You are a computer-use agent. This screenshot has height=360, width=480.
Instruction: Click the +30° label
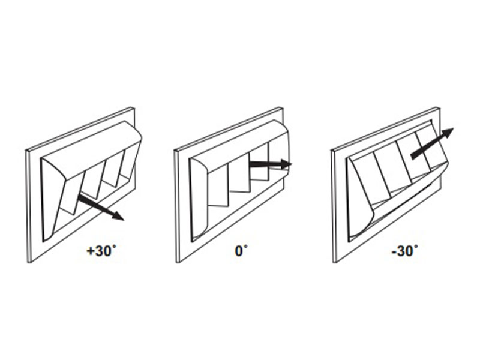coord(101,251)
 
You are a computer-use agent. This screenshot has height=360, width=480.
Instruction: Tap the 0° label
coord(241,251)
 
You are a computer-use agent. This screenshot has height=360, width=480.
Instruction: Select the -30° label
coord(404,251)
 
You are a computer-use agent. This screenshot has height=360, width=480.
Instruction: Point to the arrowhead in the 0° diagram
coord(286,164)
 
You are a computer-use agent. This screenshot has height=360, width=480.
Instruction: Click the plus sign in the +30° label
coord(91,251)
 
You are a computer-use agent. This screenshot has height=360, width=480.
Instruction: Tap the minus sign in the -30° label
coord(394,252)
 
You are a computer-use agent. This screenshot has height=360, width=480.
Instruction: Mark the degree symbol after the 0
coord(245,247)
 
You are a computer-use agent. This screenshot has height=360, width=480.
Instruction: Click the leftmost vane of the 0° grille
coord(218,189)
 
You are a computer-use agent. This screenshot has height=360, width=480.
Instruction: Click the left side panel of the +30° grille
coord(53,199)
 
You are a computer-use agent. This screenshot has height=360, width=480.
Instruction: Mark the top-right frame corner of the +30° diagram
coord(134,107)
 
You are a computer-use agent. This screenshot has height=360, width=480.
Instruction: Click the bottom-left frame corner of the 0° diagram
coord(176,263)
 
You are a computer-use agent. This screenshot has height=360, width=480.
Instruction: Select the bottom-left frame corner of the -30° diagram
coord(334,263)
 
